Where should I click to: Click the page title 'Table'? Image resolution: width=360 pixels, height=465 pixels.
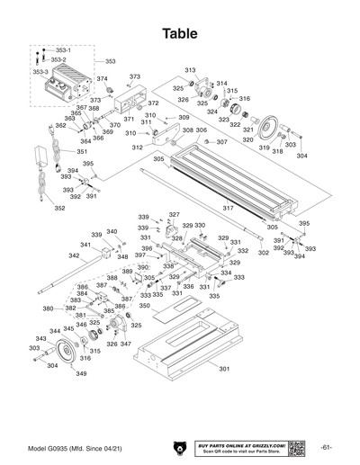pos(180,33)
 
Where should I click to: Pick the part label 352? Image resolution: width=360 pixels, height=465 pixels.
pos(59,209)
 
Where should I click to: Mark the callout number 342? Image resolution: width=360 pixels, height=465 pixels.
pos(74,255)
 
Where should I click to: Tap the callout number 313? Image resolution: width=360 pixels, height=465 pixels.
pos(190,70)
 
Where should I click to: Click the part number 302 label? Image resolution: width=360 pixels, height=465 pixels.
pos(263,253)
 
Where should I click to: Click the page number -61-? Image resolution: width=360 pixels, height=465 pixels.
pos(327,448)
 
